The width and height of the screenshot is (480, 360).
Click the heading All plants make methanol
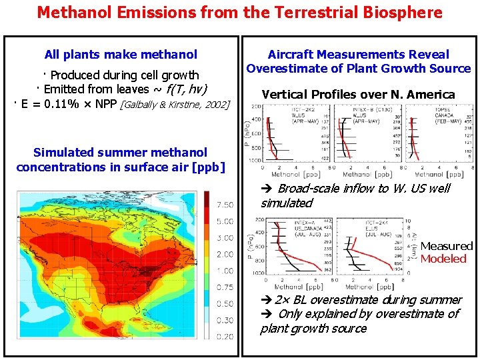click(x=121, y=55)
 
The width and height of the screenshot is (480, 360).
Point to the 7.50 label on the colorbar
click(x=225, y=205)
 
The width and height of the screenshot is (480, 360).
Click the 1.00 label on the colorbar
click(x=225, y=271)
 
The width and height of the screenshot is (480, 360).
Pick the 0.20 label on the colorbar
click(x=225, y=337)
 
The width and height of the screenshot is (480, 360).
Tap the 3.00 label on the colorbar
click(x=225, y=238)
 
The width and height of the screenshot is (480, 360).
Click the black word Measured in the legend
click(x=446, y=246)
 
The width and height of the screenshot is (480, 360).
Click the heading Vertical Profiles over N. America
click(x=358, y=94)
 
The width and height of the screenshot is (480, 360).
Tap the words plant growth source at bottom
click(x=313, y=328)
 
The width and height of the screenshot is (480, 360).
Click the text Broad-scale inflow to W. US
click(x=353, y=189)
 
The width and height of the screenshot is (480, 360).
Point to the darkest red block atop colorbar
click(x=207, y=198)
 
